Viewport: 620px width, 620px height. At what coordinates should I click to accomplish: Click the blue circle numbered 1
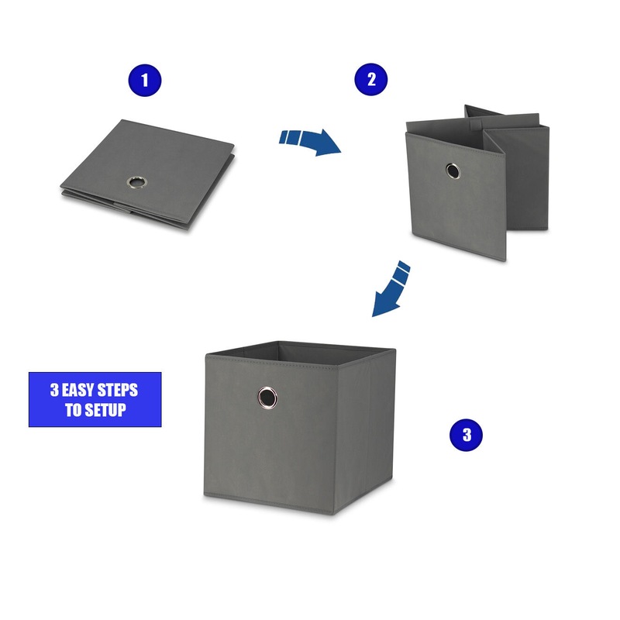145,81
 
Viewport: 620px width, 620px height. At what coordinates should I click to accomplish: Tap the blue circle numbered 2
371,80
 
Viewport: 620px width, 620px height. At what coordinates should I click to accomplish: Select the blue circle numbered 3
467,435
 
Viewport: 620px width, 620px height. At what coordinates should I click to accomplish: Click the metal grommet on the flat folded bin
137,182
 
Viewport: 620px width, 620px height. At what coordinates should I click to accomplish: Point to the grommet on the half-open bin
453,170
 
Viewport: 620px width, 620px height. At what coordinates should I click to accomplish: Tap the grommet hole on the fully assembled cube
267,397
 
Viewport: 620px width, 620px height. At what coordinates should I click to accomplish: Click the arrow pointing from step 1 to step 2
310,142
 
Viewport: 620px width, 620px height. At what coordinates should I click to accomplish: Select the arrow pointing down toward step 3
391,288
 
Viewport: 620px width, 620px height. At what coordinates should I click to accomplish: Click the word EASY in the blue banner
77,391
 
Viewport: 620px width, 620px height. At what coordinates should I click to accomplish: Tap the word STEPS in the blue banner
118,391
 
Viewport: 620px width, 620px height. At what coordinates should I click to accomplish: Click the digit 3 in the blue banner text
54,391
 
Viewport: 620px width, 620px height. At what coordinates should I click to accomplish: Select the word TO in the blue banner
73,410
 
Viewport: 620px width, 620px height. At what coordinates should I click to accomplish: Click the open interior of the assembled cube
301,353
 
